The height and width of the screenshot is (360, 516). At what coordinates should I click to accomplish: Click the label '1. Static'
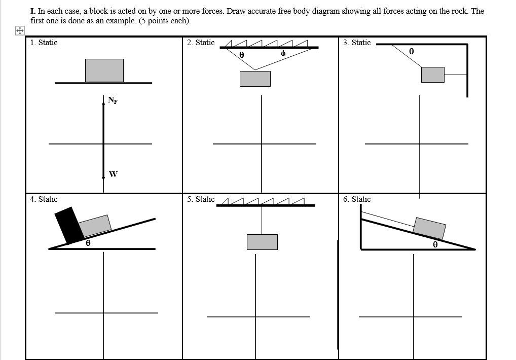click(44, 43)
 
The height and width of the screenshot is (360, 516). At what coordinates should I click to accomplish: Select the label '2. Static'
click(201, 43)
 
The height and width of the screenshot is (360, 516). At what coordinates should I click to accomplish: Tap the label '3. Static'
click(356, 43)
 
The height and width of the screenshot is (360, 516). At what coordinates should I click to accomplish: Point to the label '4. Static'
click(44, 199)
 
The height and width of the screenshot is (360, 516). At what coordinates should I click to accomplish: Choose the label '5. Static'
click(201, 199)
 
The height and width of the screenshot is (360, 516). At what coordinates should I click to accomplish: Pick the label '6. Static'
click(357, 199)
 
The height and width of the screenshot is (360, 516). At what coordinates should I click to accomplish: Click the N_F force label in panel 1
click(112, 100)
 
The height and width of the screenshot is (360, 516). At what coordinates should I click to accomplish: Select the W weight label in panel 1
click(113, 174)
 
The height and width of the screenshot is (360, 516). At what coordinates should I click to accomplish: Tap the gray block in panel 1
click(104, 70)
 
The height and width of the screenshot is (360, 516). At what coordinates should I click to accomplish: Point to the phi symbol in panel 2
click(283, 53)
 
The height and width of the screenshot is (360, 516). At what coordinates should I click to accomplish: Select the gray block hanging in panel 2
click(255, 79)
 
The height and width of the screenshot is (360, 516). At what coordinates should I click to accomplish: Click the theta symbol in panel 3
click(412, 51)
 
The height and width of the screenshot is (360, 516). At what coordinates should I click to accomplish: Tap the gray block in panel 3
click(432, 75)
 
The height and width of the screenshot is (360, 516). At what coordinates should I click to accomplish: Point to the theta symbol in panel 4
click(88, 243)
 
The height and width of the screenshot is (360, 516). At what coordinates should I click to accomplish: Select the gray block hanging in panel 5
click(262, 242)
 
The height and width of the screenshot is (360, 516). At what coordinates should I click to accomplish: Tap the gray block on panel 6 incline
click(429, 228)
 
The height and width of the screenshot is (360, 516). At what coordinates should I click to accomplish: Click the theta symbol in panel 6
click(435, 244)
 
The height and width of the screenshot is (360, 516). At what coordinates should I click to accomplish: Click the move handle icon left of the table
click(19, 31)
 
